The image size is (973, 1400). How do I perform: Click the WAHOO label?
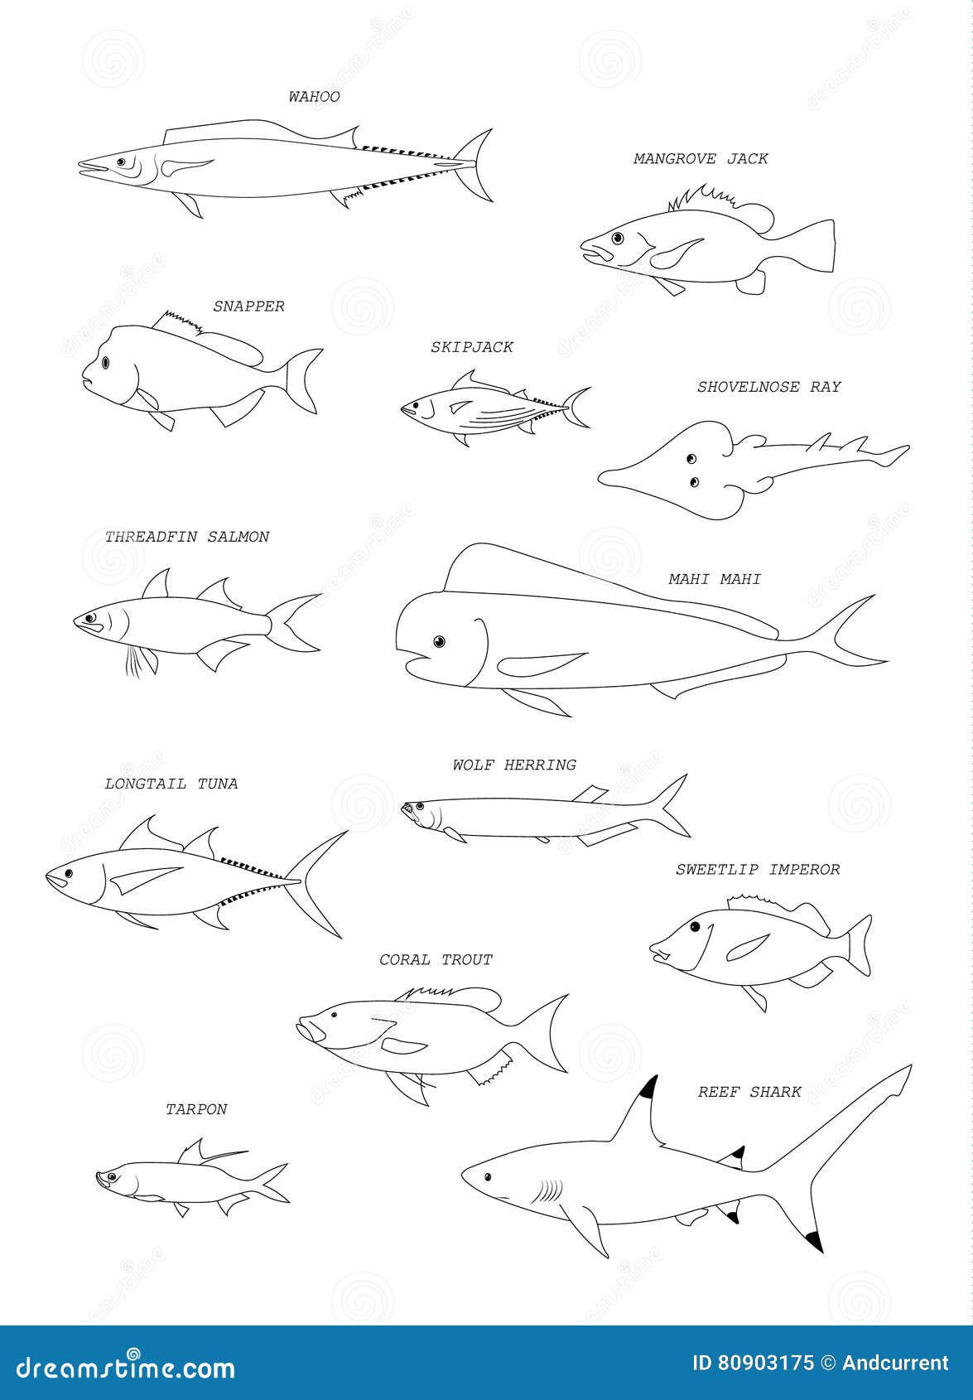click(x=314, y=97)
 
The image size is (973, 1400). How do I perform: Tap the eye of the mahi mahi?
click(x=439, y=641)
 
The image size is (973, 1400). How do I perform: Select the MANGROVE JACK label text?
click(x=701, y=158)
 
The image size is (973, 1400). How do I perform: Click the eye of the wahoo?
click(x=121, y=162)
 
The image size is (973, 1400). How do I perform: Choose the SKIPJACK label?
click(x=471, y=347)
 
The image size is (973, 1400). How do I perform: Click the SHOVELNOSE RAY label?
click(x=768, y=387)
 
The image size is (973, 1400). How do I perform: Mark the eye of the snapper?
click(x=106, y=362)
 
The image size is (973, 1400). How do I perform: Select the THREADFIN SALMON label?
click(x=187, y=537)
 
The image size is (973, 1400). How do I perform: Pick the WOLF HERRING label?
click(x=514, y=765)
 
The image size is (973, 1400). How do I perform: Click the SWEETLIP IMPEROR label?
click(x=758, y=869)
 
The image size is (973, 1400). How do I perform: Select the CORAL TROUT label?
click(x=436, y=959)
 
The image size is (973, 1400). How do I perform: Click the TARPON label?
click(x=196, y=1109)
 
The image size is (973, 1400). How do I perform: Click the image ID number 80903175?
click(x=753, y=1363)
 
